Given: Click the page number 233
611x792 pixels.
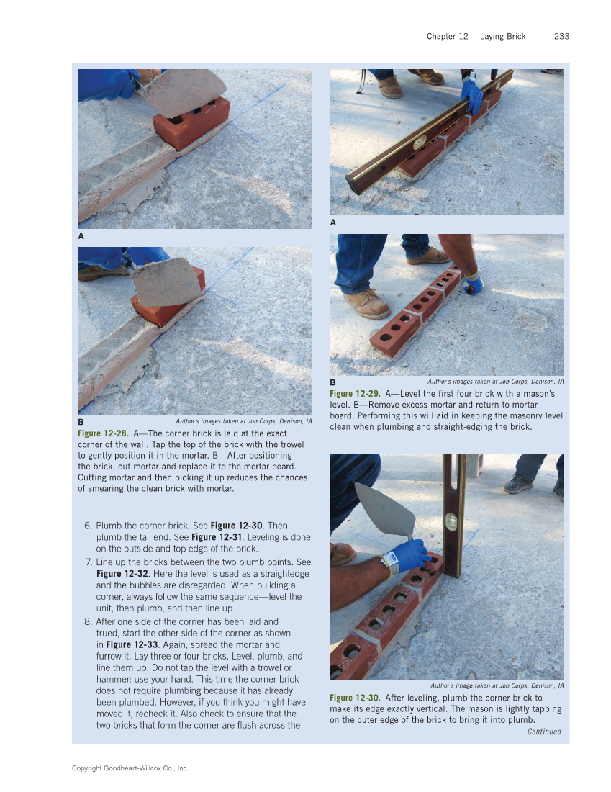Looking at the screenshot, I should pyautogui.click(x=561, y=36).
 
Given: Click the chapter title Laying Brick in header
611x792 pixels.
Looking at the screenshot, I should pyautogui.click(x=502, y=36).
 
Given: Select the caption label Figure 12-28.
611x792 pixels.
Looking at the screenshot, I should pyautogui.click(x=103, y=433).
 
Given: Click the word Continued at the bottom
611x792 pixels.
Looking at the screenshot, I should pyautogui.click(x=543, y=732).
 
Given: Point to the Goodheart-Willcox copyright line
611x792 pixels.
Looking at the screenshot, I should pyautogui.click(x=130, y=768).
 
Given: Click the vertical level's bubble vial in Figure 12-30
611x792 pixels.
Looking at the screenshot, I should pyautogui.click(x=452, y=521).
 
